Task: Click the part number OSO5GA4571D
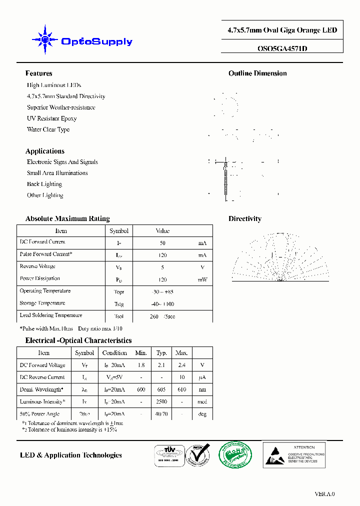[x=282, y=49]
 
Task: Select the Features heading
[x=39, y=73]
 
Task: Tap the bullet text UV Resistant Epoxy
[x=51, y=118]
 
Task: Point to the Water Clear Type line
[x=48, y=129]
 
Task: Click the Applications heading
[x=45, y=151]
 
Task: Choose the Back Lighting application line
[x=44, y=184]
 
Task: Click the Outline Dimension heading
[x=257, y=73]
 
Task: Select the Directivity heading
[x=244, y=218]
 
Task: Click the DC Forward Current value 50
[x=162, y=243]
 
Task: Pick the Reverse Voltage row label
[x=37, y=266]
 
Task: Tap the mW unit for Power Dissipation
[x=202, y=279]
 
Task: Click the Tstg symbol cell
[x=119, y=304]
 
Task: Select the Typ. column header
[x=161, y=353]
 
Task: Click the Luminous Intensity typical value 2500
[x=161, y=402]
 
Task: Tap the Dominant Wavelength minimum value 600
[x=141, y=389]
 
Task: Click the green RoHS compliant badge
[x=235, y=454]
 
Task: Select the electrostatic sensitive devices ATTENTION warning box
[x=294, y=454]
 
